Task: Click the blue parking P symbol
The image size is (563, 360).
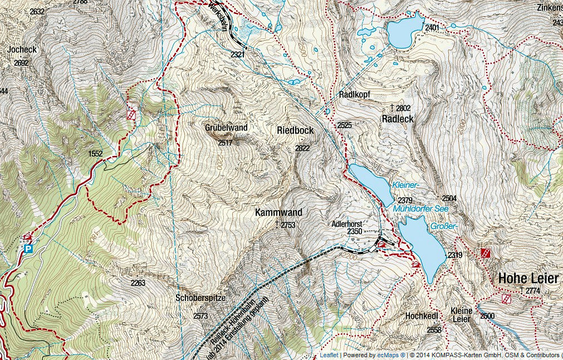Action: [27, 249]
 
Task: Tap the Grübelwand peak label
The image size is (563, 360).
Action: [226, 128]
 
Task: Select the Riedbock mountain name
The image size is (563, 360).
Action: [295, 130]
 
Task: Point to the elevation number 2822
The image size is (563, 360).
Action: [302, 148]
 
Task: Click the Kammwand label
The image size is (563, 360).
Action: [278, 212]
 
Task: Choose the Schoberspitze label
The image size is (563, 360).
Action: [200, 298]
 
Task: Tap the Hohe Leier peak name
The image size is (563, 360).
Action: [527, 278]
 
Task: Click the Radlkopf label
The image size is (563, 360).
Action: [355, 94]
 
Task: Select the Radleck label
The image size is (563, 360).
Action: [397, 119]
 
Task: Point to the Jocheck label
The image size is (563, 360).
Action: [22, 50]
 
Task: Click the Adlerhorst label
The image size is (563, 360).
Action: [347, 223]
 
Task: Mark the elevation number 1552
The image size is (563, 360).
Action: [96, 153]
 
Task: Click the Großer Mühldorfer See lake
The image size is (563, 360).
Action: [422, 245]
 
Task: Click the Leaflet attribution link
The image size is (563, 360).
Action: [329, 355]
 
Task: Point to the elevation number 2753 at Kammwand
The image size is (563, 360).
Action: [288, 225]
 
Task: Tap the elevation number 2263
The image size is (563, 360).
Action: [138, 283]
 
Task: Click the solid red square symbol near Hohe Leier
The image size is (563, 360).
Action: [486, 253]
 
